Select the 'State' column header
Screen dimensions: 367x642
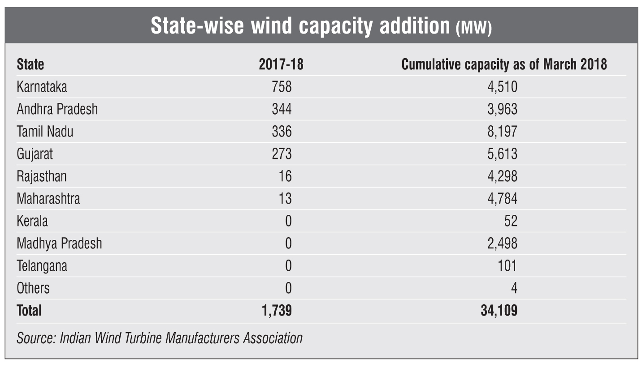pos(30,64)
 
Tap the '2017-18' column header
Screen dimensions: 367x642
pos(281,64)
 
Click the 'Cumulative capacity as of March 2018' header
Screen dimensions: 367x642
pos(504,64)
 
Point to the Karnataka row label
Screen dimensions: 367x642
pos(42,86)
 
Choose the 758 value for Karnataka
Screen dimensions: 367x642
pos(282,86)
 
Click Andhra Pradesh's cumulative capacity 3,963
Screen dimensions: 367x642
pos(502,109)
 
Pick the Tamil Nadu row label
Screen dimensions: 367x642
pos(45,131)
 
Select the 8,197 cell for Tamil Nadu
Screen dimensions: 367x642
pos(502,131)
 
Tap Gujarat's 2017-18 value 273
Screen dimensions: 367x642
pos(282,154)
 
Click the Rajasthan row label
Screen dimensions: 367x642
pos(42,176)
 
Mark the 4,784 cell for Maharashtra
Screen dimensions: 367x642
pos(502,198)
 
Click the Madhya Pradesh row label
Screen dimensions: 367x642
pos(59,243)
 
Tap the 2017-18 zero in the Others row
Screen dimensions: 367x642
pos(288,288)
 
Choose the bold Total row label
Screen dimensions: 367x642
pos(29,310)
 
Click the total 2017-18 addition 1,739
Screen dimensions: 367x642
pos(275,310)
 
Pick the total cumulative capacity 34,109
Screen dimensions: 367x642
pos(499,310)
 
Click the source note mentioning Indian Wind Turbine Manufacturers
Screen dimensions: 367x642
pos(160,337)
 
